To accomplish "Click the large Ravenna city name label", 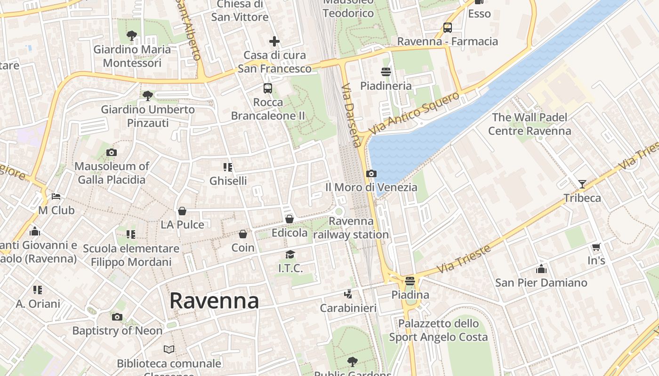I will click(x=214, y=300).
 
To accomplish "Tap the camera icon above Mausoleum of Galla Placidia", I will click(x=112, y=152).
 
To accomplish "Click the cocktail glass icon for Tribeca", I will click(x=582, y=184).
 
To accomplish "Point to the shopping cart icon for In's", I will click(x=596, y=247).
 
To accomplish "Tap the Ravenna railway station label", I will click(x=351, y=227).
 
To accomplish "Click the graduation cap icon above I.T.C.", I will click(x=290, y=254).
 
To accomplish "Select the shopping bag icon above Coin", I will click(x=243, y=234).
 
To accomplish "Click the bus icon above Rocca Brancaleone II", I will click(x=268, y=88).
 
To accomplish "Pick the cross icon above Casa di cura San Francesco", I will click(x=274, y=41).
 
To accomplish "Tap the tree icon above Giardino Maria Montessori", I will click(x=132, y=35).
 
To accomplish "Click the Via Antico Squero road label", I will click(x=414, y=113).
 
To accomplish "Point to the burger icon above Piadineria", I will click(x=386, y=71).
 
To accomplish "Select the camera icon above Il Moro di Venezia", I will click(x=371, y=173).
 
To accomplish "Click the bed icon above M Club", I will click(x=56, y=196).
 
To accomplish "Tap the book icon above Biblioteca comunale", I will click(x=169, y=349).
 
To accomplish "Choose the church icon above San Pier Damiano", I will click(x=541, y=269).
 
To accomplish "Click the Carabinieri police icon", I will click(x=348, y=294).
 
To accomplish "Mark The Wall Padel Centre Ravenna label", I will click(x=530, y=124).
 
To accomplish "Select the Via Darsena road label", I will click(x=352, y=116).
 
